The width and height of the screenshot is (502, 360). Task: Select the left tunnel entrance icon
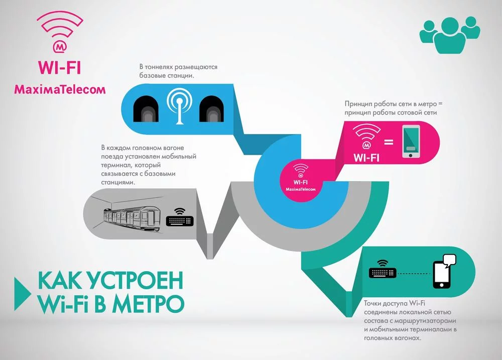[146, 108]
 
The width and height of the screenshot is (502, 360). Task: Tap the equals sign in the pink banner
[389, 143]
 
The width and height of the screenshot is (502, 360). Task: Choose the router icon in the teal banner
[384, 271]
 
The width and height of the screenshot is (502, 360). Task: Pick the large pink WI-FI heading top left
[60, 67]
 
